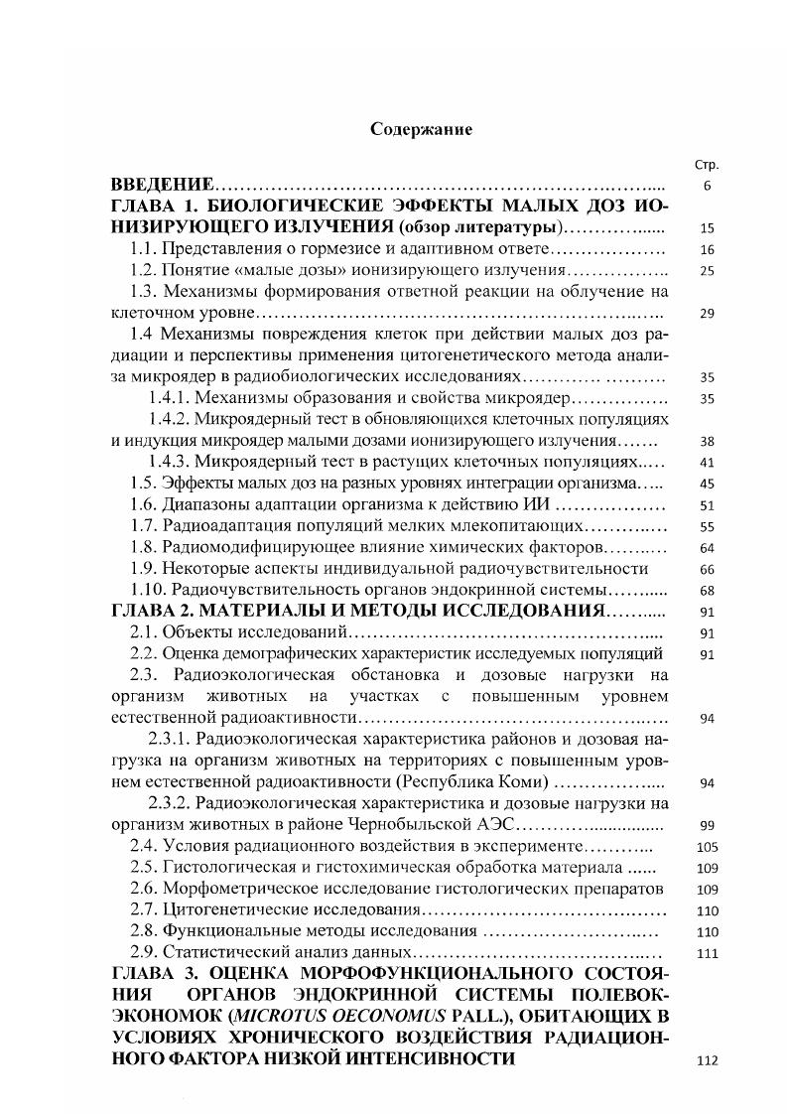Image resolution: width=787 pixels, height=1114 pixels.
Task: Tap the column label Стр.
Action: click(x=708, y=165)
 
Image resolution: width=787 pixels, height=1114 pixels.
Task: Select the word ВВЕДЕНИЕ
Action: click(x=161, y=186)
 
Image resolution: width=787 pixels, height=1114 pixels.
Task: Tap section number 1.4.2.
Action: click(x=168, y=420)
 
